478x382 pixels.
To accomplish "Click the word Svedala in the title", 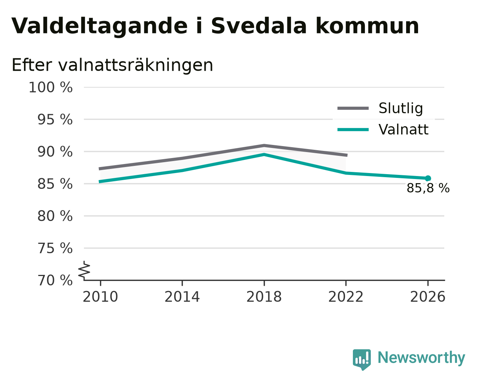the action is coord(259,26).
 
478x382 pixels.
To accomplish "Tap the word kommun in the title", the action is coord(367,26).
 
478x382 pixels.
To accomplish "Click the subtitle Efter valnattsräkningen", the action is coord(112,65).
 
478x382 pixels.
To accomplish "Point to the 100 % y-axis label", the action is coord(51,87).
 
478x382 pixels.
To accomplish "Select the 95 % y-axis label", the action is coord(55,119).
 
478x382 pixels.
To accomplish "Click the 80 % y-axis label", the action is coord(55,216).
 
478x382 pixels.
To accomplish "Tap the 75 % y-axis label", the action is coord(55,248).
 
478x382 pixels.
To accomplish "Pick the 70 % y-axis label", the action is coord(55,280).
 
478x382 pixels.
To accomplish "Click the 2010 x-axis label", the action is coord(100,297).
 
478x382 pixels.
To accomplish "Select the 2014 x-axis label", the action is coord(182,297).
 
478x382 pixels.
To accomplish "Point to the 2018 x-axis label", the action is coord(264,297).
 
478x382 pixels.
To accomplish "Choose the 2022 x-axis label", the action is coord(346,297).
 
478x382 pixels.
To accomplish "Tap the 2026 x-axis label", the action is coord(428,297).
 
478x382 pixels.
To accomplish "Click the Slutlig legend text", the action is coord(401,108).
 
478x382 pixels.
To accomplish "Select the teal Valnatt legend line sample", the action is coord(353,130).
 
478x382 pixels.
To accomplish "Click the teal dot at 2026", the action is coord(428,178).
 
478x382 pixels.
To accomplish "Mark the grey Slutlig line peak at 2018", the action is coord(264,145).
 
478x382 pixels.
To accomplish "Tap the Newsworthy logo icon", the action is coord(362,360).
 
